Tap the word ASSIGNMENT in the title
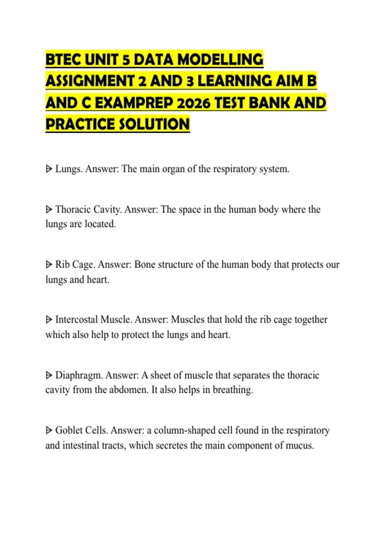click(x=90, y=81)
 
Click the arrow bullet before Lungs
click(x=49, y=169)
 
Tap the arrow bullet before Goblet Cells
click(x=49, y=430)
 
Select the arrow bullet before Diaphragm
click(x=49, y=375)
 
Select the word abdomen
click(x=128, y=390)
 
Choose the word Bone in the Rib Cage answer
click(x=145, y=264)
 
